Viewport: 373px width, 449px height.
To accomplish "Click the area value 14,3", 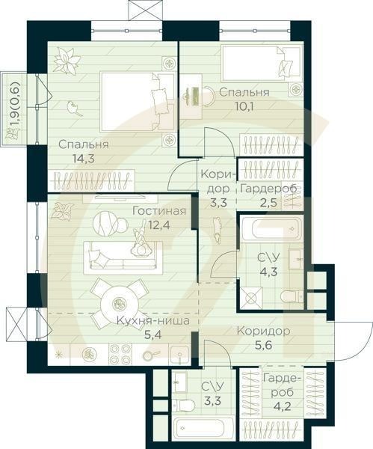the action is [x=83, y=158].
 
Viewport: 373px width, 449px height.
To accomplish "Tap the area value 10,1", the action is [x=244, y=106].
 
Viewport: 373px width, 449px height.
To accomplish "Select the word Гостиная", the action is [x=159, y=211].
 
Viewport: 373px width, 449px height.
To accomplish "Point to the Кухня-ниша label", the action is [x=153, y=321].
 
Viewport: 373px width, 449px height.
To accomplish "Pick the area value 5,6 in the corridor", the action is [x=263, y=344].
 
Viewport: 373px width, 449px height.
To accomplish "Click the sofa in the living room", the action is [x=123, y=254].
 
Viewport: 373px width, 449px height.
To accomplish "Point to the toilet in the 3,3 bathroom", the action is [x=185, y=405].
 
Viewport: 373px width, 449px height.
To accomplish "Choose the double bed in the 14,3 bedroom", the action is [x=138, y=102].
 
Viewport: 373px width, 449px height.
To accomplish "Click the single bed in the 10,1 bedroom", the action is [x=262, y=64].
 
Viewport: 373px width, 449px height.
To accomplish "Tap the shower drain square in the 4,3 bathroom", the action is [x=251, y=298].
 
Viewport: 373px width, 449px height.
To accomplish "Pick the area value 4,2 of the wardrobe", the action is [x=283, y=406].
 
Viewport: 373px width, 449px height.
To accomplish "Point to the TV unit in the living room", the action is [x=120, y=198].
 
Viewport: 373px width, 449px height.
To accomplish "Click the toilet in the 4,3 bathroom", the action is [x=292, y=296].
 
